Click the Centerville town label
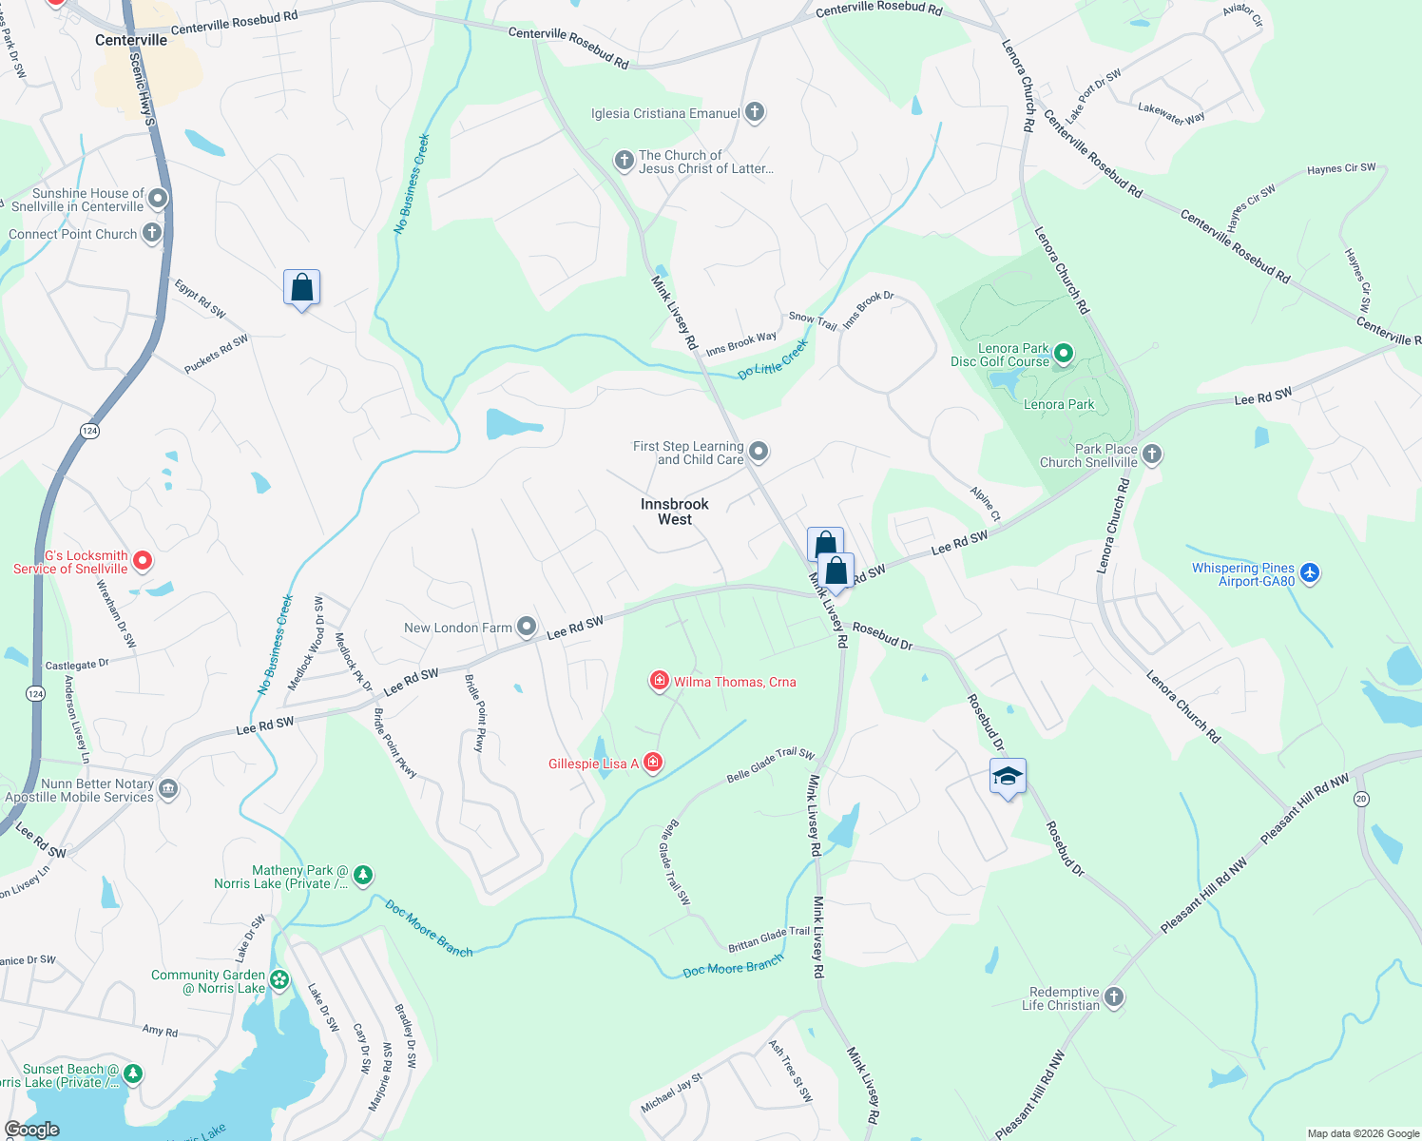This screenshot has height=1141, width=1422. [131, 40]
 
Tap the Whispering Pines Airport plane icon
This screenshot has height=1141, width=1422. [1310, 572]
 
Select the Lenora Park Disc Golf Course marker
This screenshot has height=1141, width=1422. [1064, 355]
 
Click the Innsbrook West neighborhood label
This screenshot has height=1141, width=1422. [675, 512]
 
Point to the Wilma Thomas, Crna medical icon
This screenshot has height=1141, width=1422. [659, 681]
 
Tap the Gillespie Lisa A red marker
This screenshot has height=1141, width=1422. [652, 763]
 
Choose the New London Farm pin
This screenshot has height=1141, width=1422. [527, 626]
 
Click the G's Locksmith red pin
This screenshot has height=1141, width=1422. [142, 561]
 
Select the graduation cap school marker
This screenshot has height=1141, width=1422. [1008, 777]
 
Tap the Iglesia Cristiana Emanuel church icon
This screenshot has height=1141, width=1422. [755, 112]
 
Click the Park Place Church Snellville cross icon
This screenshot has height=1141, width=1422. [1152, 454]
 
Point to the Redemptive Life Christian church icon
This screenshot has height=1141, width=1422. [1114, 996]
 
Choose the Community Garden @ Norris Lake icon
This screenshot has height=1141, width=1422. [279, 979]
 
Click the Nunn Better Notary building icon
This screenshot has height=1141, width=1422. [168, 788]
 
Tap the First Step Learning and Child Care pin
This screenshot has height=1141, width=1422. [759, 451]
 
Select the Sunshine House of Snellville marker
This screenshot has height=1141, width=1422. [158, 198]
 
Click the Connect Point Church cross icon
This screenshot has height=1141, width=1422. [152, 232]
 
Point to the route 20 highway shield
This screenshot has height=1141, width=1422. [1361, 799]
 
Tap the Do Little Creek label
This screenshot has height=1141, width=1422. [773, 360]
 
